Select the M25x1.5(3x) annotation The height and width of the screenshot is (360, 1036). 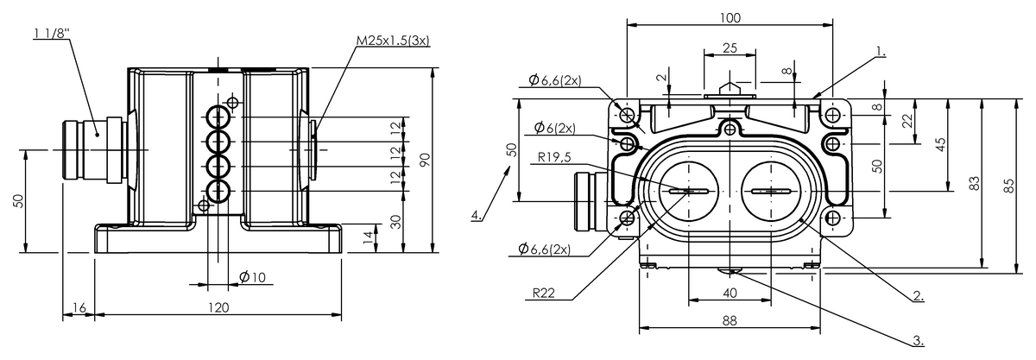(x=395, y=40)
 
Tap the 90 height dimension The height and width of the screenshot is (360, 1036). (x=423, y=160)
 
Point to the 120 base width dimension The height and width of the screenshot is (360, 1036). (x=218, y=307)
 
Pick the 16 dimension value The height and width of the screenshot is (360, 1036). (x=79, y=307)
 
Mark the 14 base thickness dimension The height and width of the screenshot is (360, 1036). (x=370, y=236)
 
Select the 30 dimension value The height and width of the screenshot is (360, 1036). (x=395, y=222)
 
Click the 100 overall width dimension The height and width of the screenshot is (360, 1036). (x=730, y=16)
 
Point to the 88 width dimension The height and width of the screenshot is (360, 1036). (x=730, y=320)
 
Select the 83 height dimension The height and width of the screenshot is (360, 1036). (x=973, y=184)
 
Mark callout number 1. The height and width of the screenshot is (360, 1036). (x=880, y=52)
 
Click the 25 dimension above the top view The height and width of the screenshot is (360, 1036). (x=730, y=48)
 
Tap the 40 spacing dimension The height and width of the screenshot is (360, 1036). (x=730, y=293)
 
